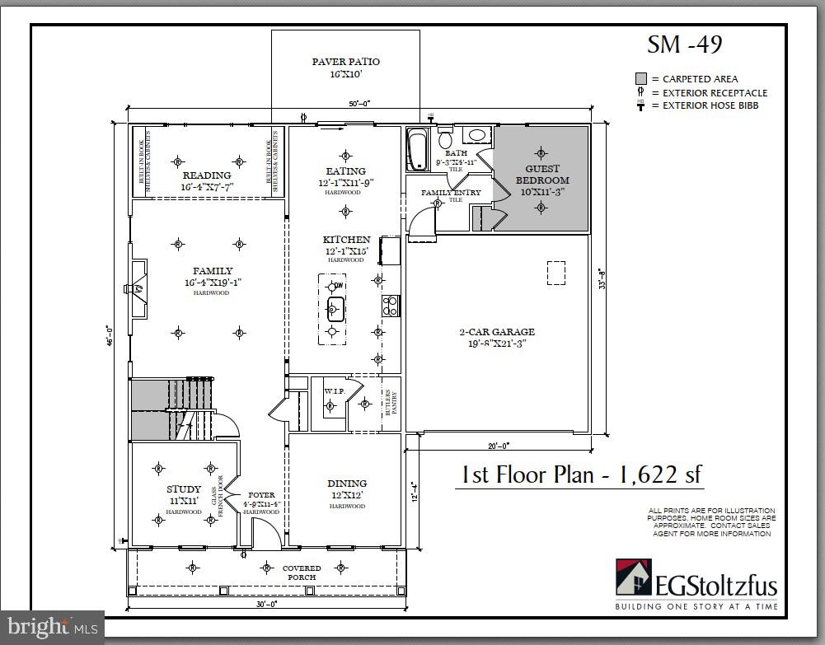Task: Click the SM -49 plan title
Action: click(684, 44)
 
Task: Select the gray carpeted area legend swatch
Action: click(640, 78)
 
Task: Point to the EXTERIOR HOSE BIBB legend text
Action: click(710, 105)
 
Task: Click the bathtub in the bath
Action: click(416, 150)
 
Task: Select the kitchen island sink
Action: click(335, 310)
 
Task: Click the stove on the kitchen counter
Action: click(391, 306)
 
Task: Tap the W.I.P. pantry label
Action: click(334, 390)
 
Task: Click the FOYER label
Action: click(261, 497)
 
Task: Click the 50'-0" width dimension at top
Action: click(359, 104)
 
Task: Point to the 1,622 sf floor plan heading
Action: click(580, 474)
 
